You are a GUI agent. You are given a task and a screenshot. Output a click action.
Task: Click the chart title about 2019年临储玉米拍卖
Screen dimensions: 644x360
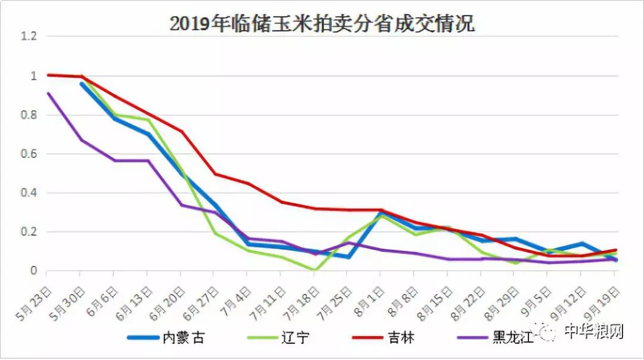[x=322, y=23]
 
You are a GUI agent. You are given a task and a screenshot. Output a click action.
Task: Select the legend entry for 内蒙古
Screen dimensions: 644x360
[x=166, y=338]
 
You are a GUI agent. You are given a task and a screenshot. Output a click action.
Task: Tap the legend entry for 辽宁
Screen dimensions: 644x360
[x=278, y=338]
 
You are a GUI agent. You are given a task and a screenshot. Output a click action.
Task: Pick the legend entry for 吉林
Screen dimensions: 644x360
[x=383, y=338]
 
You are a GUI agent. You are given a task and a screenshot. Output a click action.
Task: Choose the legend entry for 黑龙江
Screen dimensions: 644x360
[x=496, y=338]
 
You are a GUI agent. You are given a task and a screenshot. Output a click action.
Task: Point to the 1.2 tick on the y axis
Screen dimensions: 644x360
[x=29, y=36]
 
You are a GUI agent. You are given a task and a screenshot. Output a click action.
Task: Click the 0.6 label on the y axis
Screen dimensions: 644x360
[x=29, y=154]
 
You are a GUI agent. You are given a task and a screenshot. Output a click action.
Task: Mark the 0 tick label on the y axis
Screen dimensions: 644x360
[x=33, y=271]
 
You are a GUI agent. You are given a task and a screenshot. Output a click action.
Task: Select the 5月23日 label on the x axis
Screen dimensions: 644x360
[x=35, y=304]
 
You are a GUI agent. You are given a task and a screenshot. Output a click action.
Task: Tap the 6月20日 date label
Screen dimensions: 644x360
[x=168, y=304]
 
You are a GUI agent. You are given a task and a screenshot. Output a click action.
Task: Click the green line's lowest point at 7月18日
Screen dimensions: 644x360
[x=315, y=269]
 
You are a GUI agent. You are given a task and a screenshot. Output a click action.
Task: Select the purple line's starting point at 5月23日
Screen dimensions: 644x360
[x=48, y=94]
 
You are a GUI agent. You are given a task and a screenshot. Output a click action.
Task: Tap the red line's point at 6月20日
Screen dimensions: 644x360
[x=181, y=131]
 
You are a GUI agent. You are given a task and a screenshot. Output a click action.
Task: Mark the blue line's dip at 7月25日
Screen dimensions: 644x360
[x=348, y=257]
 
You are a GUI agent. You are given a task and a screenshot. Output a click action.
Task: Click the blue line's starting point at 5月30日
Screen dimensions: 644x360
[x=82, y=83]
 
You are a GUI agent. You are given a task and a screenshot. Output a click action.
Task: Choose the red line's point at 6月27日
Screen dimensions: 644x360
[x=215, y=174]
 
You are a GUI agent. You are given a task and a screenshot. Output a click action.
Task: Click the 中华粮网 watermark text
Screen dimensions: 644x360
[x=594, y=331]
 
